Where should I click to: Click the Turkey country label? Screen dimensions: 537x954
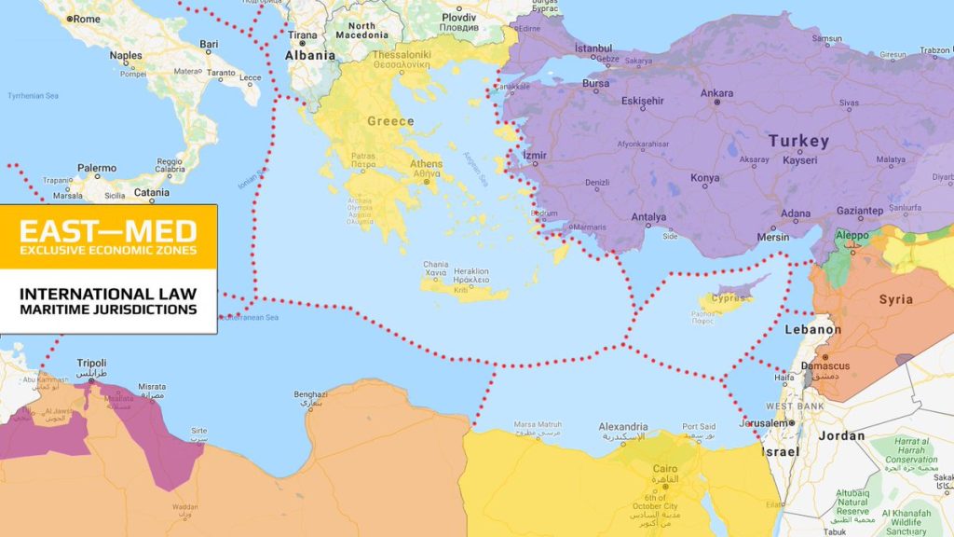pos(797,141)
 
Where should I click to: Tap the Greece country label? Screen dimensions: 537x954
pos(390,121)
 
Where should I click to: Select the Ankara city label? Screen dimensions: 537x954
pos(716,93)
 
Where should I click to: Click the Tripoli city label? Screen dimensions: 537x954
pos(89,363)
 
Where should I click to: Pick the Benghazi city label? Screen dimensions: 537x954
pos(310,394)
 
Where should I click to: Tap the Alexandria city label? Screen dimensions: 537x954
pos(623,426)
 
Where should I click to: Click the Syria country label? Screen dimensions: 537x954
pos(895,299)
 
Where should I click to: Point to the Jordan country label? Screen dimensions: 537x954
pos(841,435)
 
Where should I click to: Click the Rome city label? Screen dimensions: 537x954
pos(86,18)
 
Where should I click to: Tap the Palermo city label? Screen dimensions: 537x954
pos(97,169)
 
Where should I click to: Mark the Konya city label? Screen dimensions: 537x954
pos(704,177)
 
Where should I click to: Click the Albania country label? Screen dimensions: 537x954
pos(309,55)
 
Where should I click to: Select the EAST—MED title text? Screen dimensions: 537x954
pos(108,230)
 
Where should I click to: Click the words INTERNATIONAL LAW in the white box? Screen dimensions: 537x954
pos(108,294)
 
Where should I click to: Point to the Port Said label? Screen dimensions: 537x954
pos(699,426)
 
